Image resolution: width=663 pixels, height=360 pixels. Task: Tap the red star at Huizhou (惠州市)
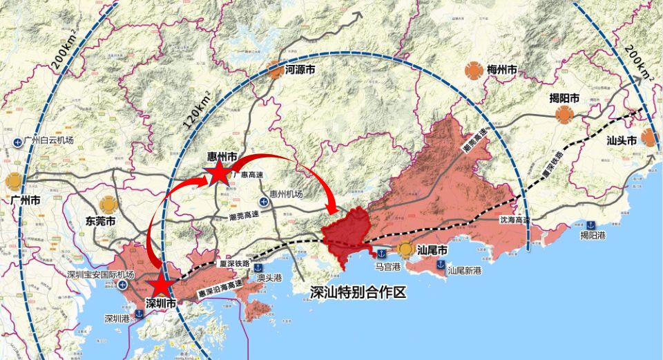218,174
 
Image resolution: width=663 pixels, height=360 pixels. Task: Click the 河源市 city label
300,70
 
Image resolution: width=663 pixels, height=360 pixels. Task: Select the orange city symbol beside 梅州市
473,70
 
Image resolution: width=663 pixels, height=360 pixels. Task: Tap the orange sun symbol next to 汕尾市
405,249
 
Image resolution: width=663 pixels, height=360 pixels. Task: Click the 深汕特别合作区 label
356,292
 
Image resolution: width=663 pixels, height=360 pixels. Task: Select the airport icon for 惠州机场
263,201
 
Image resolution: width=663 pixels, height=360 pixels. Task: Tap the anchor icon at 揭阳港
591,224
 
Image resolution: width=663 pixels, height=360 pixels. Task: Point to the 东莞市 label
100,222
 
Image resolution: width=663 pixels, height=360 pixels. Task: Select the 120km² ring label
195,111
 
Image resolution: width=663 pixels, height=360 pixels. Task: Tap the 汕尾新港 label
464,270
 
